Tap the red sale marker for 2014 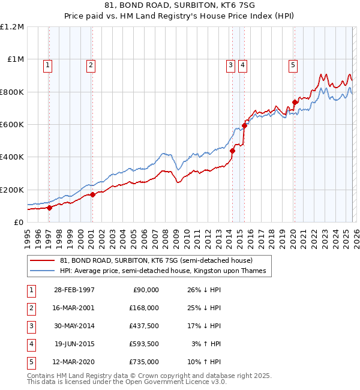coord(232,151)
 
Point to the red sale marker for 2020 coord(295,103)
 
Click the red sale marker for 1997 coord(49,208)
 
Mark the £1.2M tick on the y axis coord(13,27)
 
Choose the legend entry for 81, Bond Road coord(157,260)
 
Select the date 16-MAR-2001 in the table coord(74,308)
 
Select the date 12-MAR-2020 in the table coord(74,362)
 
